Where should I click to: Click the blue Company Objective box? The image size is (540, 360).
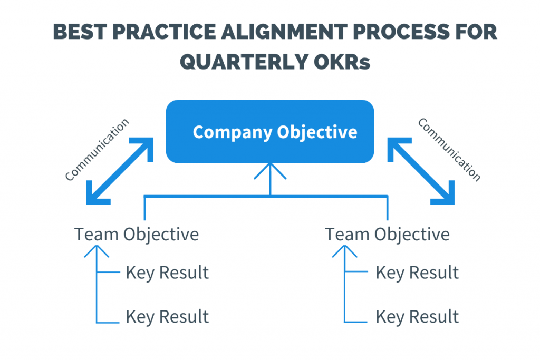click(x=270, y=131)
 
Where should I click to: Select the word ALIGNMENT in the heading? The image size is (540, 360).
click(x=284, y=32)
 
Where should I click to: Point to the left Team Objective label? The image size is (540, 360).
click(x=137, y=235)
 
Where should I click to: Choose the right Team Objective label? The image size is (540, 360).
click(x=387, y=235)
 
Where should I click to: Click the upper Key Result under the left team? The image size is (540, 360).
click(x=167, y=273)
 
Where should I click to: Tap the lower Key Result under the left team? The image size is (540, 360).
click(x=167, y=317)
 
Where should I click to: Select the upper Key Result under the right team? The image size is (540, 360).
click(x=417, y=273)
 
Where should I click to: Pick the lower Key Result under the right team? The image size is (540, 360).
click(x=417, y=317)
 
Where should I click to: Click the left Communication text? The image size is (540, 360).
click(x=97, y=149)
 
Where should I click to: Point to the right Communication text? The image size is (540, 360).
click(x=449, y=149)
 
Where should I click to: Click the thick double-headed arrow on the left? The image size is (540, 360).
click(x=120, y=171)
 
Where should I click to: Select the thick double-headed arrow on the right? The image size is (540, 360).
click(x=421, y=171)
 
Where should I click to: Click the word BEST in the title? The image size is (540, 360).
click(x=80, y=32)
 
